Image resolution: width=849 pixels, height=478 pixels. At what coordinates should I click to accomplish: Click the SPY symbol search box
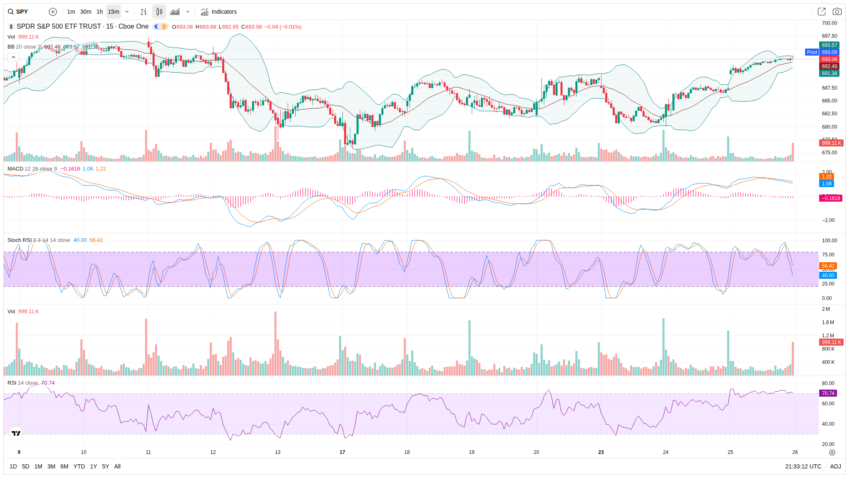click(18, 12)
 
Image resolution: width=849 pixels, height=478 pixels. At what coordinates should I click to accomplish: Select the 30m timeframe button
click(86, 12)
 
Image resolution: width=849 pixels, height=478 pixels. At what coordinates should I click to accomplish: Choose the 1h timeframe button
click(99, 12)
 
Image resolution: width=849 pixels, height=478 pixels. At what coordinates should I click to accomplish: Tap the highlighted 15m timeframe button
click(113, 12)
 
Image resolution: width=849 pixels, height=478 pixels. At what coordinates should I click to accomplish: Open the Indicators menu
click(219, 12)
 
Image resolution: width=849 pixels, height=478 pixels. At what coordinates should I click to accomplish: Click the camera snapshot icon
click(837, 12)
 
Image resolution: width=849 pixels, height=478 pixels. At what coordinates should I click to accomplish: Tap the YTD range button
click(79, 466)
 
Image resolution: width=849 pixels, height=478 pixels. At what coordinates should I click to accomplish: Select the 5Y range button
click(105, 466)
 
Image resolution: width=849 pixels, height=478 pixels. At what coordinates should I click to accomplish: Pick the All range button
click(117, 466)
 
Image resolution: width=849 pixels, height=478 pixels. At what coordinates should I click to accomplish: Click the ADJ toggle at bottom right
click(835, 466)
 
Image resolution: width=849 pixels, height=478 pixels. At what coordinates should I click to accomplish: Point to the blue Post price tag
click(812, 52)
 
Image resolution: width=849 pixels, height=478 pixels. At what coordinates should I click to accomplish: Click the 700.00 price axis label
click(829, 23)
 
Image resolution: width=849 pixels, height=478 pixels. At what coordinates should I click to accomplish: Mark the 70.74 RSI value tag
click(828, 393)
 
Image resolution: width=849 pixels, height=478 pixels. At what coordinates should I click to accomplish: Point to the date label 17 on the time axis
click(342, 452)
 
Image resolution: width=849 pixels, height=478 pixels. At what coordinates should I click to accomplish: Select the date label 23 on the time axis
click(601, 452)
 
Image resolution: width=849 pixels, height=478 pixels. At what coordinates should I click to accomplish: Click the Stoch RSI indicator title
click(19, 240)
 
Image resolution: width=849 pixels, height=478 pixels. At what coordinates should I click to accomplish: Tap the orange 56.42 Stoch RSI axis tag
click(828, 266)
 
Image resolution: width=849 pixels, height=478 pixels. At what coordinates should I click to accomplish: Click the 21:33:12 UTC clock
click(803, 466)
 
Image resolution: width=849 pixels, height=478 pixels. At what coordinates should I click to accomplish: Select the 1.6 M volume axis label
click(828, 322)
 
